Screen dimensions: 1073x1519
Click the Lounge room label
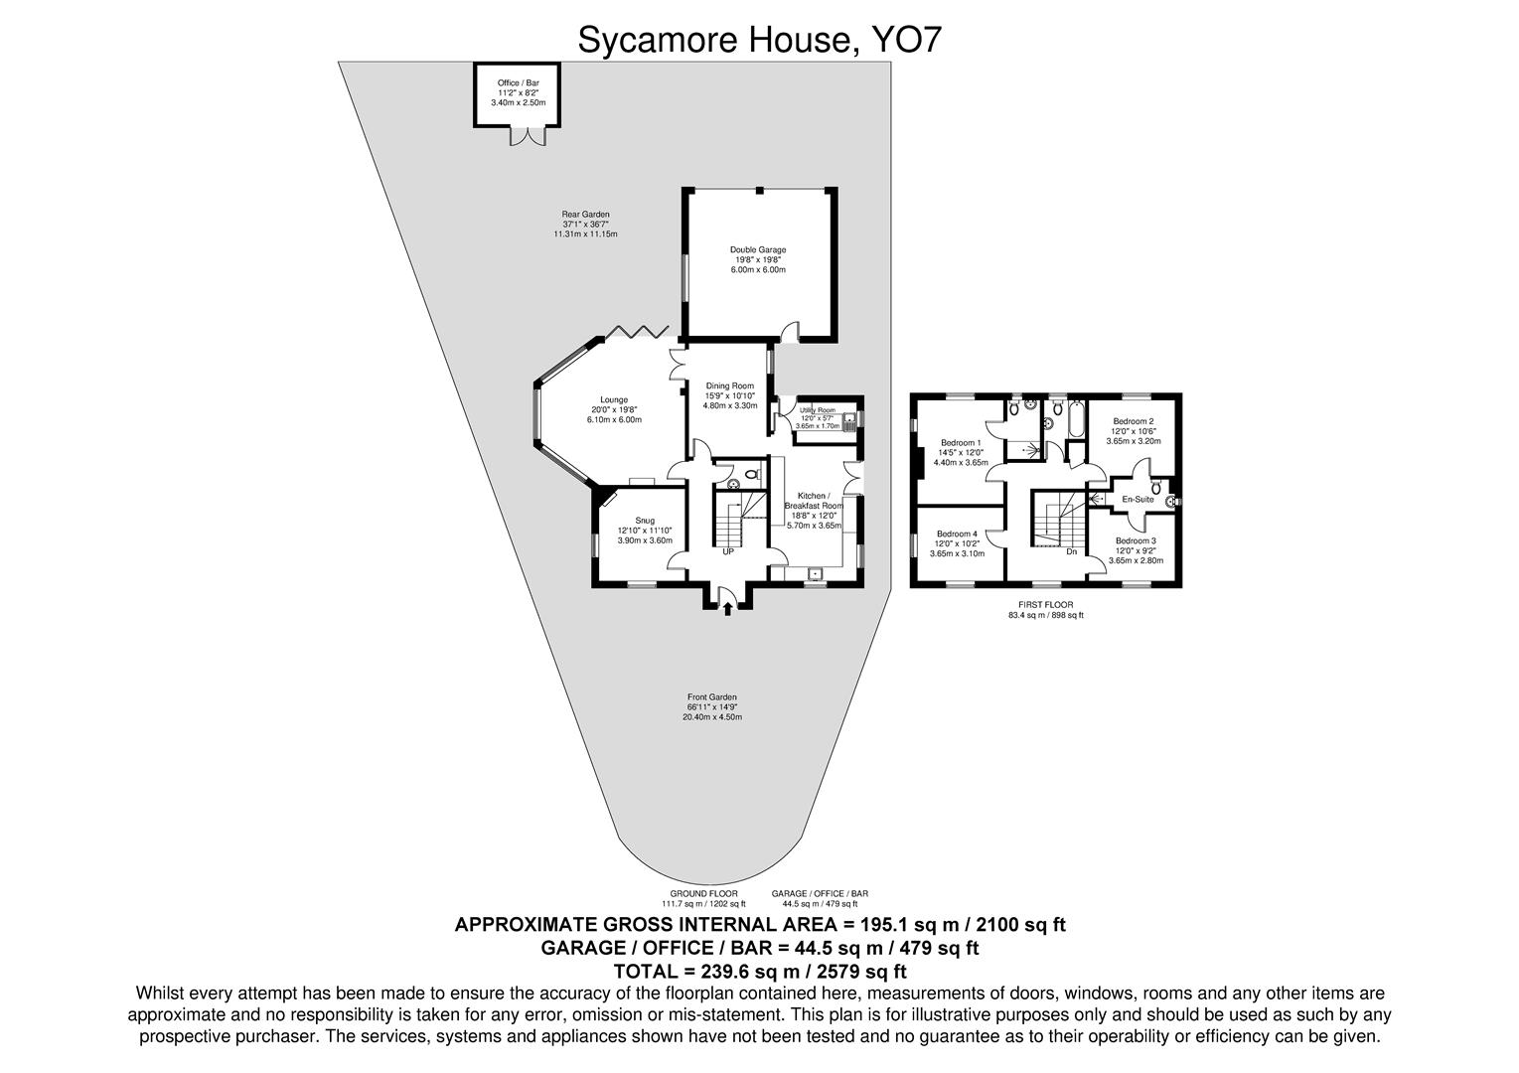click(x=613, y=400)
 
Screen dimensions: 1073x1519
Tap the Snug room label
click(x=645, y=520)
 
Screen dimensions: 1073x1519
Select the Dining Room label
click(x=730, y=385)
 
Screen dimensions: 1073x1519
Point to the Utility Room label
click(x=818, y=409)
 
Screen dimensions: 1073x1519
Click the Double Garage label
click(x=758, y=250)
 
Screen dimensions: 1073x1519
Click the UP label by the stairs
click(x=728, y=551)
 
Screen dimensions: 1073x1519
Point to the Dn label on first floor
click(x=1071, y=551)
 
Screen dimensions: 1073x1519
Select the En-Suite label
click(x=1138, y=500)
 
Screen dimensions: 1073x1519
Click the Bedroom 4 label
click(x=957, y=534)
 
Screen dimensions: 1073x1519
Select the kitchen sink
click(x=815, y=572)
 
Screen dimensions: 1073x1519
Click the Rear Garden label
click(x=585, y=215)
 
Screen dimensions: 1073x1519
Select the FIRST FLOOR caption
click(x=1046, y=605)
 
